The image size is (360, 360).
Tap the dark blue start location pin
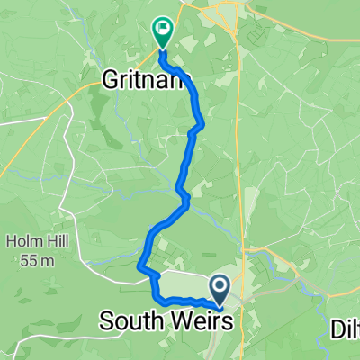[x=220, y=289]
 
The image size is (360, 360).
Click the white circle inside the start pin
[x=220, y=284]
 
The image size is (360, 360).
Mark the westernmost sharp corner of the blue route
[x=139, y=265]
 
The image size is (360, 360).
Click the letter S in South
[x=106, y=320]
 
